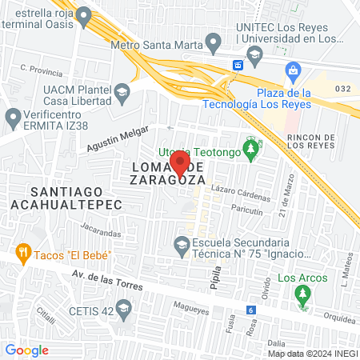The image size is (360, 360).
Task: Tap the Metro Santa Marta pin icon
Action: coord(213,41)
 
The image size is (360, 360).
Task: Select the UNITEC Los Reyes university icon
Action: coord(255,55)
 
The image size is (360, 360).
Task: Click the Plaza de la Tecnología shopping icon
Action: coord(294,70)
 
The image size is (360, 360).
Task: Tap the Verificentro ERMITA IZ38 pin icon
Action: coord(13,119)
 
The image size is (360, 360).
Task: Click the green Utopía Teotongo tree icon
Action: coord(252,150)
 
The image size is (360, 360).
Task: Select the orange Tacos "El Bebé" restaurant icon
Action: coord(22,254)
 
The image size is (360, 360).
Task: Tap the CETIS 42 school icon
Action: coord(123,308)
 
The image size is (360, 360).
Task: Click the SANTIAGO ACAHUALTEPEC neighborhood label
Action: coord(66,198)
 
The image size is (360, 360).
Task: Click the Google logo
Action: coord(27,350)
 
